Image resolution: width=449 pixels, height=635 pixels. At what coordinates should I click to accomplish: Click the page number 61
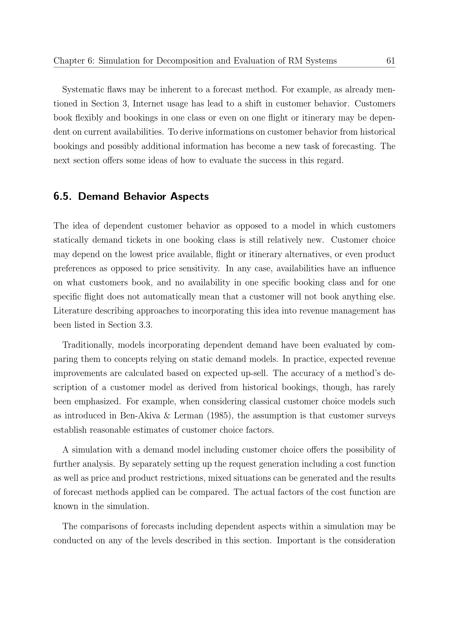coord(390,61)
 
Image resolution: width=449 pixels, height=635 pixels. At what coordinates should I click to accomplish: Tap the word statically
coord(71,240)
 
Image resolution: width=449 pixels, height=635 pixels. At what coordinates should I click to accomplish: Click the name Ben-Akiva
coord(140,416)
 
